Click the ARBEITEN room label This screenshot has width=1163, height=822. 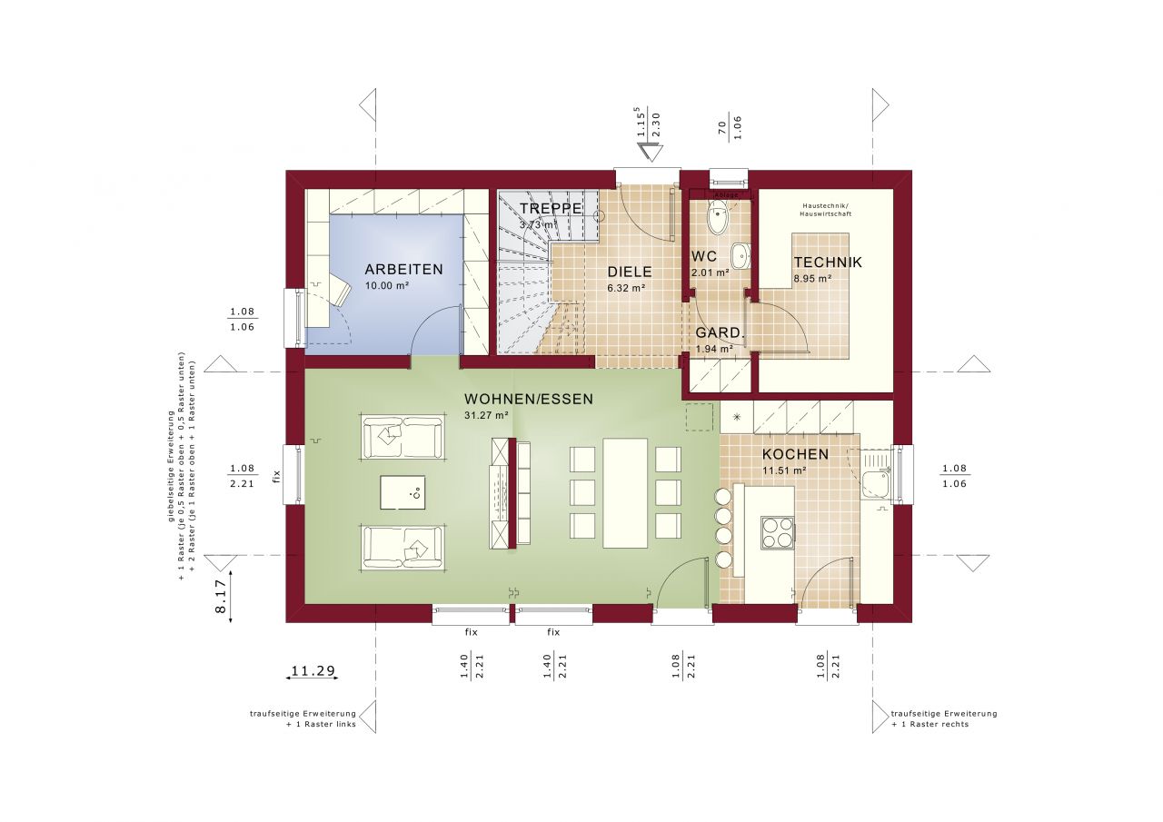pyautogui.click(x=403, y=269)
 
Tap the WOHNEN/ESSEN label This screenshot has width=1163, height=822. pyautogui.click(x=528, y=399)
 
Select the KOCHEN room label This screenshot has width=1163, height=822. pyautogui.click(x=794, y=454)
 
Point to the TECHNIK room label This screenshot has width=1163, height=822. pyautogui.click(x=827, y=262)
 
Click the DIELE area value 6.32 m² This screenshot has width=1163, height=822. pyautogui.click(x=626, y=288)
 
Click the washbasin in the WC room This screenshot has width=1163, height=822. pyautogui.click(x=740, y=257)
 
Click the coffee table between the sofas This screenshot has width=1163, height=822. pyautogui.click(x=402, y=493)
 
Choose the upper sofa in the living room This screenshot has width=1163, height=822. pyautogui.click(x=403, y=437)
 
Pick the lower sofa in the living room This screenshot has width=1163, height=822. pyautogui.click(x=403, y=547)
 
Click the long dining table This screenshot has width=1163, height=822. pyautogui.click(x=625, y=493)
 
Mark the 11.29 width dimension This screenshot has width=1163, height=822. pyautogui.click(x=313, y=672)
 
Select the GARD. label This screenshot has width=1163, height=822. pyautogui.click(x=720, y=333)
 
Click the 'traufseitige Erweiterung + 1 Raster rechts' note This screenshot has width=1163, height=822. pyautogui.click(x=944, y=718)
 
